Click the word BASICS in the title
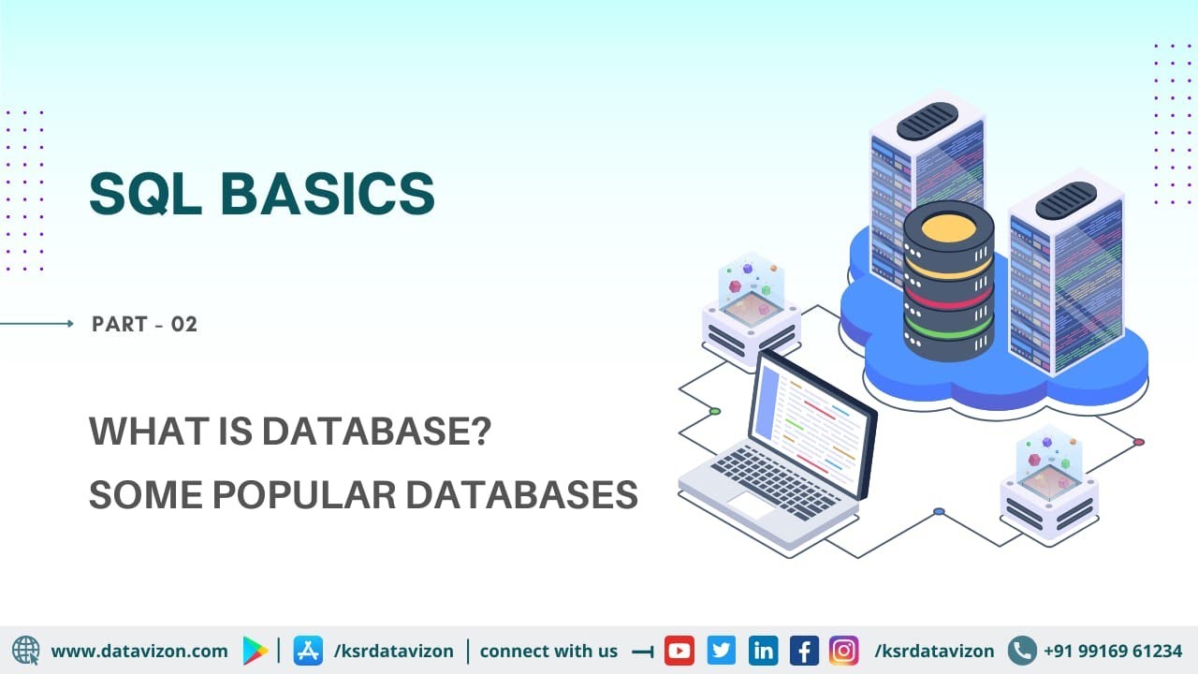[x=328, y=195]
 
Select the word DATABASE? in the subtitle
[x=376, y=432]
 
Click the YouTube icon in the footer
[x=679, y=651]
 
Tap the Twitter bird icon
[x=721, y=651]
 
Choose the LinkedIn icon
[x=763, y=651]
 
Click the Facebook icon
[x=804, y=651]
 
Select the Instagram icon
[x=844, y=651]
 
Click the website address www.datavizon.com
[x=139, y=651]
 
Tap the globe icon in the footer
[x=26, y=651]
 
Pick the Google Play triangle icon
[x=255, y=651]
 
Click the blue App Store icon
[x=308, y=651]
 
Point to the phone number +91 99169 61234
[x=1112, y=651]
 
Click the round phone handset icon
[x=1022, y=651]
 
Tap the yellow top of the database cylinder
[x=948, y=227]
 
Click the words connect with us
[x=548, y=651]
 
